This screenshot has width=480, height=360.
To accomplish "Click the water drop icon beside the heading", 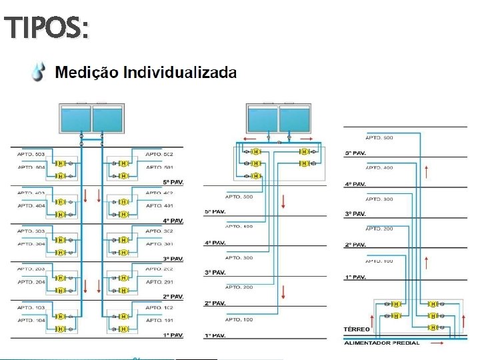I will click(x=39, y=71).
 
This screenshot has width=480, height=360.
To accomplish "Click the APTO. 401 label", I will click(x=159, y=205).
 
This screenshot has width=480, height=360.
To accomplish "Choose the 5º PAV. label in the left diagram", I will click(x=173, y=182).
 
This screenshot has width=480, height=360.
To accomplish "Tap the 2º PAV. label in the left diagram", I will click(x=173, y=296).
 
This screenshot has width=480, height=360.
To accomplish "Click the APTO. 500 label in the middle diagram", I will click(x=239, y=197).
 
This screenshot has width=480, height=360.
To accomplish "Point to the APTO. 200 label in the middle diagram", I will click(x=239, y=287).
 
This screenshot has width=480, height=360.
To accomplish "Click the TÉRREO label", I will click(x=357, y=329).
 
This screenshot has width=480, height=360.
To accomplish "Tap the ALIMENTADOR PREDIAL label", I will click(x=382, y=343).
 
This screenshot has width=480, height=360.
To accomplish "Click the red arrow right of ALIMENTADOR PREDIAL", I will click(x=438, y=343).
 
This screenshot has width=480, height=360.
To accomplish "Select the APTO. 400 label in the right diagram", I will click(x=379, y=168).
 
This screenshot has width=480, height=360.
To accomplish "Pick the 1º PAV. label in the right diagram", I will click(x=355, y=277).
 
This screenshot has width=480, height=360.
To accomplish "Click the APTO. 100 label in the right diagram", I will click(x=379, y=261).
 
